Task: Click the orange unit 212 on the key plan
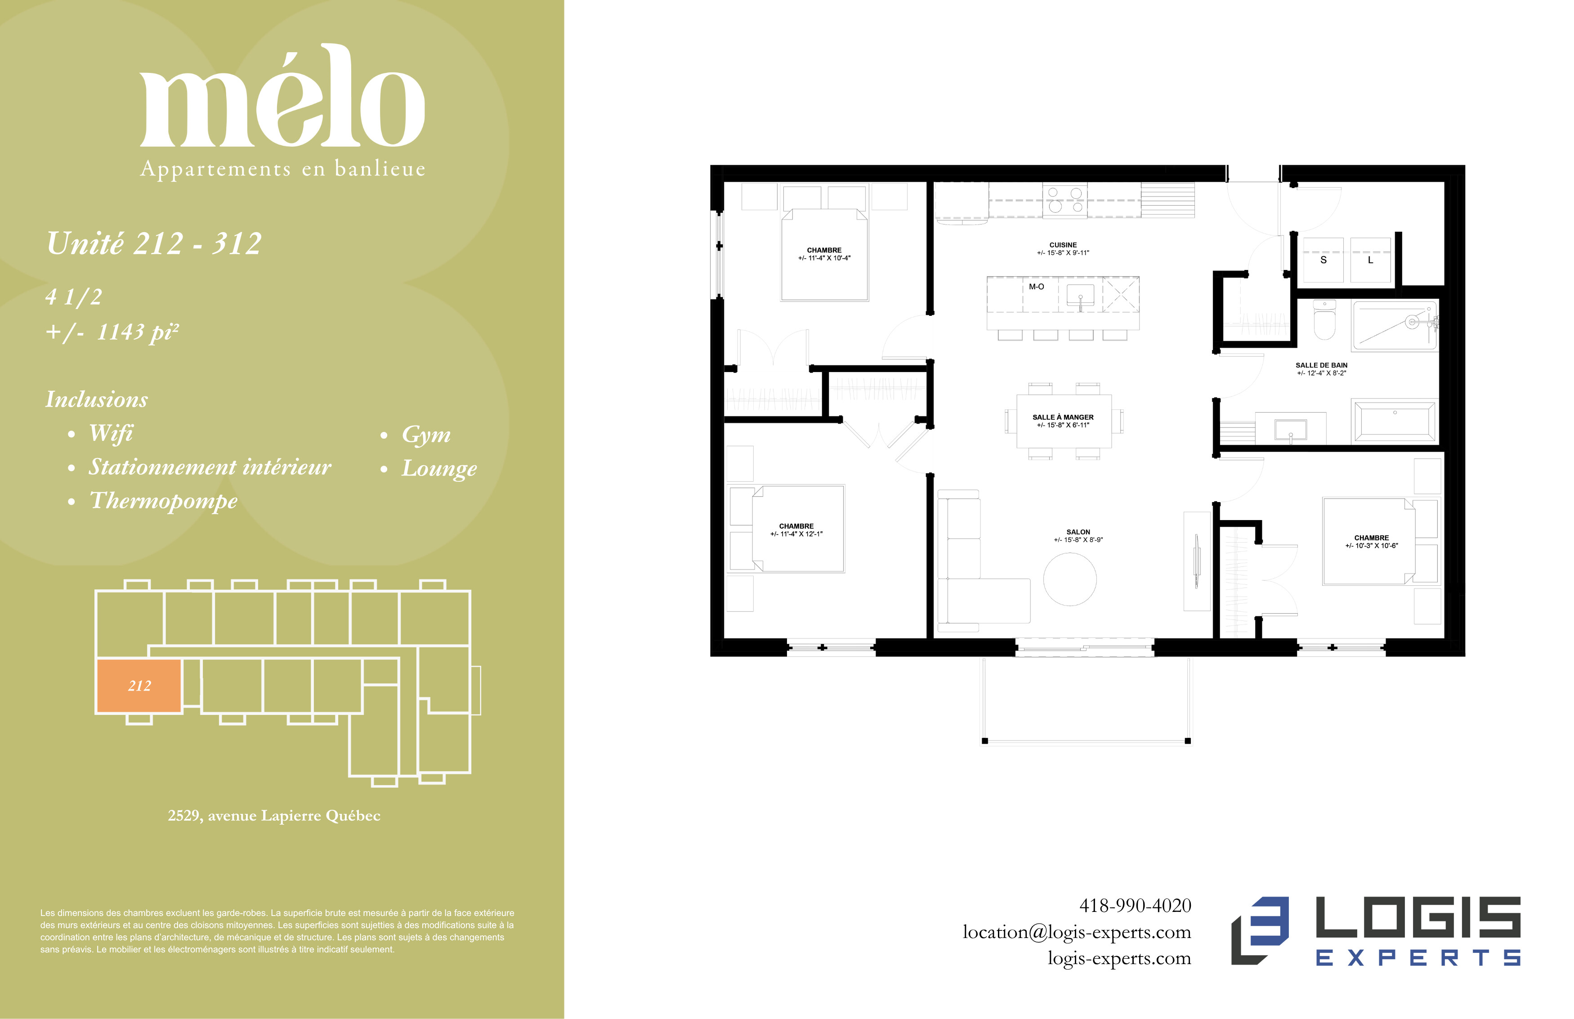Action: coord(139,686)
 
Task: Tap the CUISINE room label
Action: coord(1063,245)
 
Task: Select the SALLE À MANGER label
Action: coord(1063,417)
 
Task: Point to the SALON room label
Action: coord(1078,532)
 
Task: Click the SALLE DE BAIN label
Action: coord(1321,365)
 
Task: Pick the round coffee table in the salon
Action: coord(1070,579)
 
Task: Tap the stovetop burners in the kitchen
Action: coord(1065,200)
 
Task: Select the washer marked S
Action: coord(1323,260)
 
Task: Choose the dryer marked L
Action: coord(1370,260)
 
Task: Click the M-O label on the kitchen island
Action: coord(1036,287)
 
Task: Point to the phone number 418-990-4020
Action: coord(1135,905)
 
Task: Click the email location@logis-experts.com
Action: coord(1077,932)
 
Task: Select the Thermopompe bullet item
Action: coord(163,501)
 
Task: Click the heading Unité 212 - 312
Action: coord(154,243)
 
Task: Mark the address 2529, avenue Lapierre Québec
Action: coord(274,816)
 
